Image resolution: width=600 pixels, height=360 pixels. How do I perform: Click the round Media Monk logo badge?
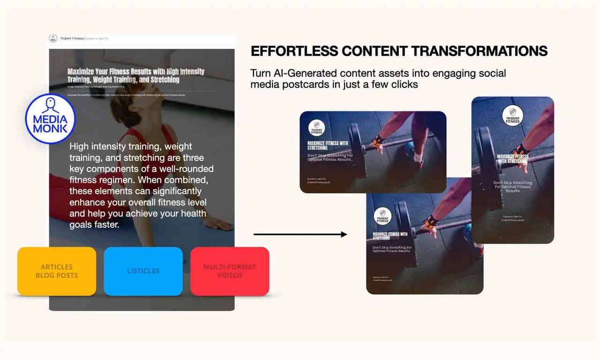[x=50, y=119]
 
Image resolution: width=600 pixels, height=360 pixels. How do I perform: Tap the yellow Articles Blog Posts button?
[x=57, y=271]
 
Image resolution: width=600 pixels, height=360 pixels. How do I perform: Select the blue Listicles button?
[x=143, y=271]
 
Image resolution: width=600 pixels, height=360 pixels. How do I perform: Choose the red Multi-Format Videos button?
[x=230, y=271]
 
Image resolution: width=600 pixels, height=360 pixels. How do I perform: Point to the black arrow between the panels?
[x=300, y=234]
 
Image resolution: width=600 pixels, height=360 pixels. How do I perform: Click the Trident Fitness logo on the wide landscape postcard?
[x=316, y=128]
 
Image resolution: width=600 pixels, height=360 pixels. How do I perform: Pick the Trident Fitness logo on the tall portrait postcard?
[x=513, y=115]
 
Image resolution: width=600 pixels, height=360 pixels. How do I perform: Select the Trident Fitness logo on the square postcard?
[x=382, y=216]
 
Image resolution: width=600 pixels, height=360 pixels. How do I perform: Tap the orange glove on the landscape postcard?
[x=377, y=140]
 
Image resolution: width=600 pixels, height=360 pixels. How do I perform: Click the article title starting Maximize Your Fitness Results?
[x=136, y=75]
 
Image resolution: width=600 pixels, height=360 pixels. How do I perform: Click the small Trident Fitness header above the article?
[x=72, y=38]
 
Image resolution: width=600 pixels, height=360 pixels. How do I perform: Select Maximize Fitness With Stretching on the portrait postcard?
[x=512, y=158]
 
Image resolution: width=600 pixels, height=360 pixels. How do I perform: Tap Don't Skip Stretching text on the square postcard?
[x=392, y=249]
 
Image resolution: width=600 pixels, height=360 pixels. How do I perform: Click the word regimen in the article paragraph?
[x=106, y=180]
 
